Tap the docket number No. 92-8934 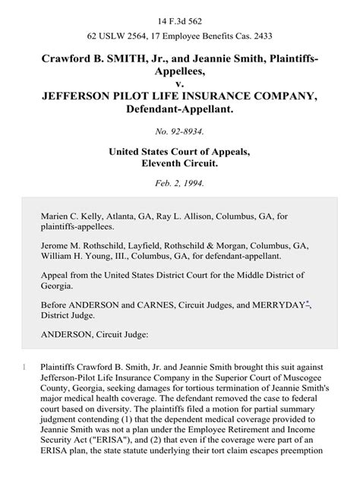point(179,130)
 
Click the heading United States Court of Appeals point(180,150)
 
